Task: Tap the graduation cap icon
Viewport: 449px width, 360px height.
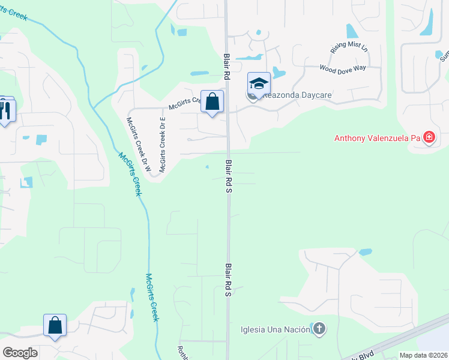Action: pos(259,84)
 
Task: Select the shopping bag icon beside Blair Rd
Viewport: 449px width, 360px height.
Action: pos(212,102)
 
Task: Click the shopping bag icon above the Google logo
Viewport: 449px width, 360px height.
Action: pos(55,326)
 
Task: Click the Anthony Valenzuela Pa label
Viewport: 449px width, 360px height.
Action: pos(376,139)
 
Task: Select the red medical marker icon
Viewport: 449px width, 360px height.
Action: pos(429,139)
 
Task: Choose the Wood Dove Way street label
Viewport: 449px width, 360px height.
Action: pos(343,68)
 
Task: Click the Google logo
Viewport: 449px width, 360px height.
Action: pos(20,353)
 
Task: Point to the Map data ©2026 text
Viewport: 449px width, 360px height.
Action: pos(423,355)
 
